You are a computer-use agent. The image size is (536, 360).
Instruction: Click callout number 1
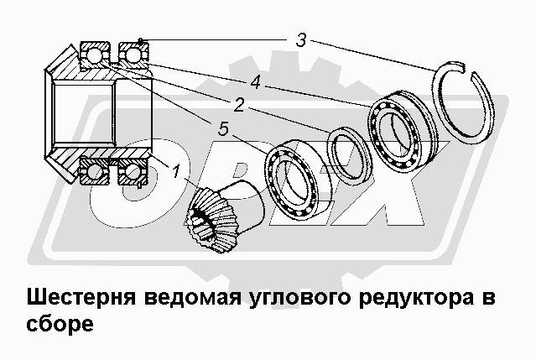click(x=175, y=172)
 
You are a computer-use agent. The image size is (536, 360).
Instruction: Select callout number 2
click(x=239, y=105)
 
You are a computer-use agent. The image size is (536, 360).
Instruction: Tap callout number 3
click(x=300, y=39)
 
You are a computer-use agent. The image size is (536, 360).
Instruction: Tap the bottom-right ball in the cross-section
click(x=132, y=173)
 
